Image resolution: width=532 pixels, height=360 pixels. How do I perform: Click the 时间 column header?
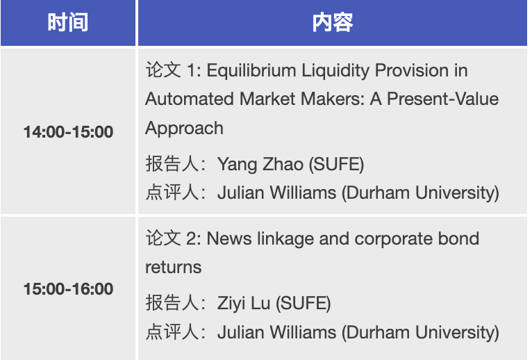[x=68, y=22]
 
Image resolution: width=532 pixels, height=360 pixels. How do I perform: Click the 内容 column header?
[x=333, y=22]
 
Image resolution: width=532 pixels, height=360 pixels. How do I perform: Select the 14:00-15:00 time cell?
[x=68, y=132]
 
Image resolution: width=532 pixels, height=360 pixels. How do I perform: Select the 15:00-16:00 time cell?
[x=68, y=288]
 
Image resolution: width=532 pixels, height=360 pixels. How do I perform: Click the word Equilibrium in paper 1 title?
[x=251, y=71]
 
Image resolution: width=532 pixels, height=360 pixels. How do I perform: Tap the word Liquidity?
[x=335, y=71]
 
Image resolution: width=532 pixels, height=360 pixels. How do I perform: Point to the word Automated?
[x=190, y=99]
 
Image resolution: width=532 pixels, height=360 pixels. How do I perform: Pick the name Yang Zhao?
[x=260, y=165]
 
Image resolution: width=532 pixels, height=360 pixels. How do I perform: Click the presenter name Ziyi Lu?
[x=244, y=304]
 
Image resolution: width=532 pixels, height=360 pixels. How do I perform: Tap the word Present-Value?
[x=443, y=99]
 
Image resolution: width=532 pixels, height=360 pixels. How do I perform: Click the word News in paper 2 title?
[x=229, y=238]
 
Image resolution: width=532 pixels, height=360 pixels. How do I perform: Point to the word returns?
[x=174, y=268]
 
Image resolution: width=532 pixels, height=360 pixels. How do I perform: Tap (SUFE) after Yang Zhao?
[x=336, y=165]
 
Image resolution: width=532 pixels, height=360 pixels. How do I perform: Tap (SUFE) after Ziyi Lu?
[x=303, y=304]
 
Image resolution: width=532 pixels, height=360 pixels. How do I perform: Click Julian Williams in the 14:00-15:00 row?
[x=277, y=193]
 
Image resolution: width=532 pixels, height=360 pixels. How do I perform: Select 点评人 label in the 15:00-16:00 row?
[x=172, y=332]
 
